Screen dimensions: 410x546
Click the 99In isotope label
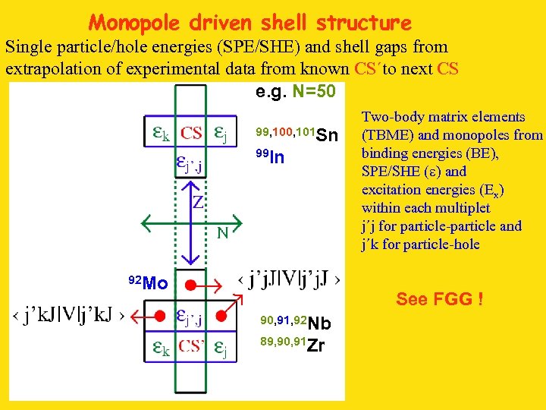[270, 157]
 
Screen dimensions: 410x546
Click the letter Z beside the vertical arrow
[197, 202]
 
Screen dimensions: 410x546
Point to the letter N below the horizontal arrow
[223, 233]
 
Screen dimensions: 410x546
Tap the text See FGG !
[439, 299]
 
